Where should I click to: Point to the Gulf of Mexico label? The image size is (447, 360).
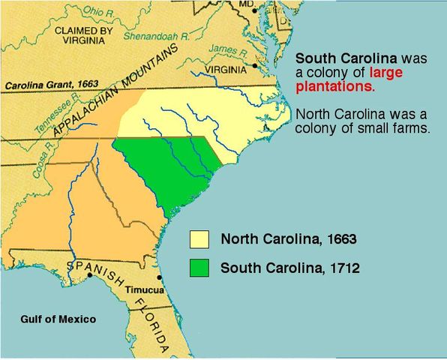pyautogui.click(x=58, y=319)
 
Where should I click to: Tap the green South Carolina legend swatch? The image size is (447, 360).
pyautogui.click(x=199, y=266)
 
